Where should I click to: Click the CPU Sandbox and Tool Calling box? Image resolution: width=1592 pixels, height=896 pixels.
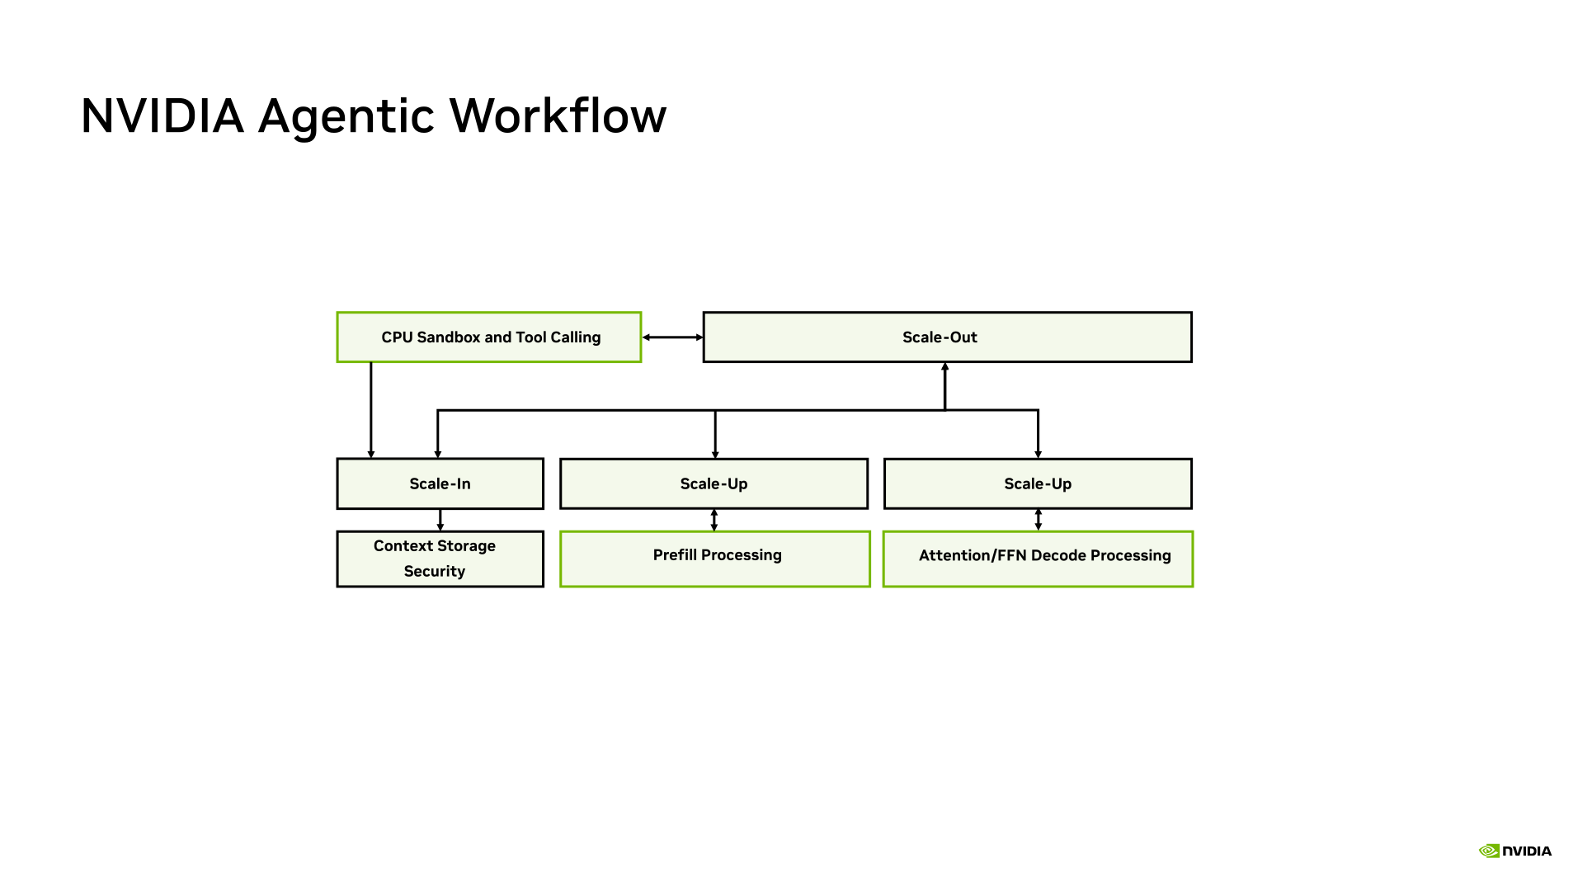[x=489, y=337]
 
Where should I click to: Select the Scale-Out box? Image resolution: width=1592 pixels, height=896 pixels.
[x=947, y=337]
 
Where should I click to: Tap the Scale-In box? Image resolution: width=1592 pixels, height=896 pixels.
[x=440, y=483]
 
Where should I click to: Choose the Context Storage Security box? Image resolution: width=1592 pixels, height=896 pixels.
[x=440, y=559]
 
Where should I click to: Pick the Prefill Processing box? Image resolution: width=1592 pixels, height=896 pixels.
[x=714, y=559]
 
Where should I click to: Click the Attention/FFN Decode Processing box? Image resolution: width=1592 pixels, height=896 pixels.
[x=1038, y=559]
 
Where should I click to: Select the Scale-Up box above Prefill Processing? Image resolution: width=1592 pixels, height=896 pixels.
[x=714, y=483]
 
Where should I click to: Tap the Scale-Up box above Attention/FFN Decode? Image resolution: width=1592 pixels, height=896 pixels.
[x=1038, y=483]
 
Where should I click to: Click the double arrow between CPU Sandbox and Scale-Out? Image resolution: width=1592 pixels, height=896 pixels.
[x=672, y=337]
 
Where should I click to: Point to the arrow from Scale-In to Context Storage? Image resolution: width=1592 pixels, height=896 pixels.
[x=440, y=520]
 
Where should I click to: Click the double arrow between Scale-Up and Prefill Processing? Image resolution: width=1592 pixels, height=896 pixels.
[x=714, y=520]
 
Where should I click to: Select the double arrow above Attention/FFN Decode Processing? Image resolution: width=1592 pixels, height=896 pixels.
[x=1039, y=520]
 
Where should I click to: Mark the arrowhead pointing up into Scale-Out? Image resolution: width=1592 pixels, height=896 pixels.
[x=945, y=366]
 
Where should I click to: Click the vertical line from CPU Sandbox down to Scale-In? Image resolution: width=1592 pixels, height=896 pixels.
[x=371, y=410]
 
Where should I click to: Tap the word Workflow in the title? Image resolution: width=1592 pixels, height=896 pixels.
[x=558, y=116]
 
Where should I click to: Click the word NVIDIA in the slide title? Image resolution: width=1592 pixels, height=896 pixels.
[x=162, y=116]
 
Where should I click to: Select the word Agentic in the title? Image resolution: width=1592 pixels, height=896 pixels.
[x=346, y=117]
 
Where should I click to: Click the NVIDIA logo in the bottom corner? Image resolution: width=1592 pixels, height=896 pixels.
[x=1515, y=851]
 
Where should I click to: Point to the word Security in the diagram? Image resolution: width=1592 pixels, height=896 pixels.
[x=435, y=571]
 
